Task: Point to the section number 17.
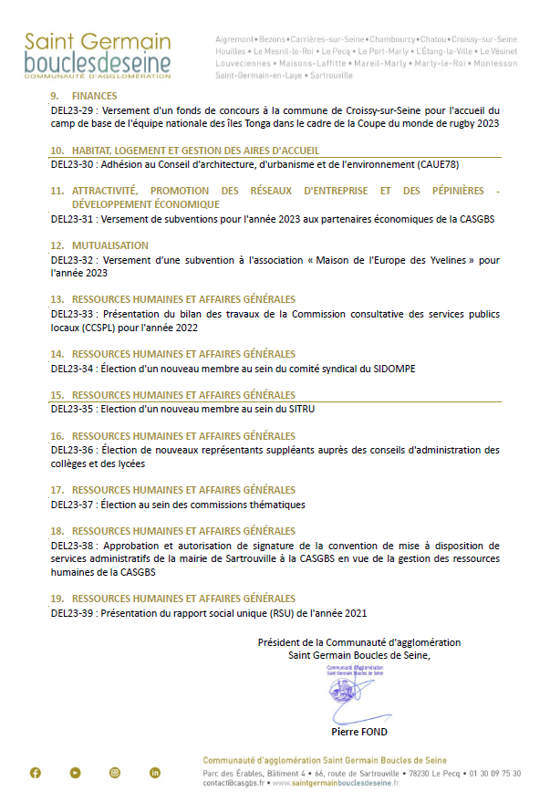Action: pos(57,490)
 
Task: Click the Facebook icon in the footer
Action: pos(36,773)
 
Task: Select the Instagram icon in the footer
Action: pos(115,773)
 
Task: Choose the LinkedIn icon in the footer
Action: pos(155,773)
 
